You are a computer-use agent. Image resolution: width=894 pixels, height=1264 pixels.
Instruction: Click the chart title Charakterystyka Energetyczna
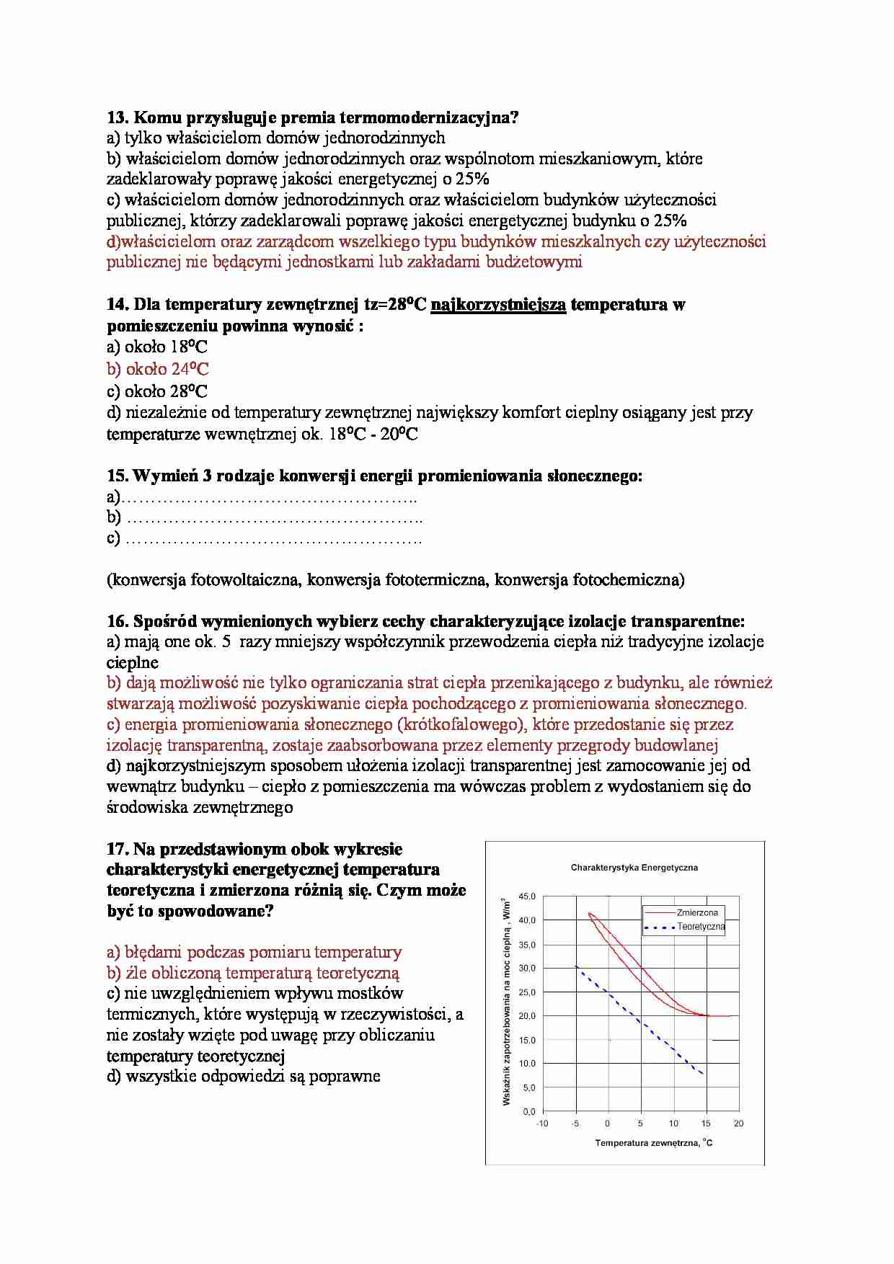(634, 868)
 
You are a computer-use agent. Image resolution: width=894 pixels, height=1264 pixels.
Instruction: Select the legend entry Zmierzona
(697, 912)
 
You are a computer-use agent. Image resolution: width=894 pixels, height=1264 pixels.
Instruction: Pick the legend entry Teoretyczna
(700, 927)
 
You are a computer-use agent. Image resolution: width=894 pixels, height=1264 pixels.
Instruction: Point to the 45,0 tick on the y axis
(528, 896)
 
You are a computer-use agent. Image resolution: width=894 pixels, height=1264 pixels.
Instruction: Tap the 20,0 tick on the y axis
(528, 1016)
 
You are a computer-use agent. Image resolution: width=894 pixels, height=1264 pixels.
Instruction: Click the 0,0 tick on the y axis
(529, 1111)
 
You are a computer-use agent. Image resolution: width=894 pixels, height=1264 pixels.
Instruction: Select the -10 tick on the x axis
(542, 1123)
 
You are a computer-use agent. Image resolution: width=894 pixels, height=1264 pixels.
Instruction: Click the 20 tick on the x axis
(738, 1123)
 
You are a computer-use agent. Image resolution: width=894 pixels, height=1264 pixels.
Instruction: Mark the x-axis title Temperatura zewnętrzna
(653, 1143)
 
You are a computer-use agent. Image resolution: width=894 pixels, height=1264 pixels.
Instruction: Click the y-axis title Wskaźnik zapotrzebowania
(506, 1002)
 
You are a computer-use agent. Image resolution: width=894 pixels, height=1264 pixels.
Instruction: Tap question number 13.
(117, 117)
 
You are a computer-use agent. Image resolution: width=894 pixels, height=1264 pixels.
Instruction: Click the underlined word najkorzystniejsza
(498, 305)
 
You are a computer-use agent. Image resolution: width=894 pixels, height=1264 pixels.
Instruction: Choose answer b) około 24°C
(158, 370)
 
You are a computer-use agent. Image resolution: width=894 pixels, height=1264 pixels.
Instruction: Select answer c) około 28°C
(157, 392)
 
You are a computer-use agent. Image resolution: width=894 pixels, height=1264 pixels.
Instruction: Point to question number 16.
(117, 621)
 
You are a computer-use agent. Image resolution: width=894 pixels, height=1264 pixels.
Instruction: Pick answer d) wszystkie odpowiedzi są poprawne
(243, 1077)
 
